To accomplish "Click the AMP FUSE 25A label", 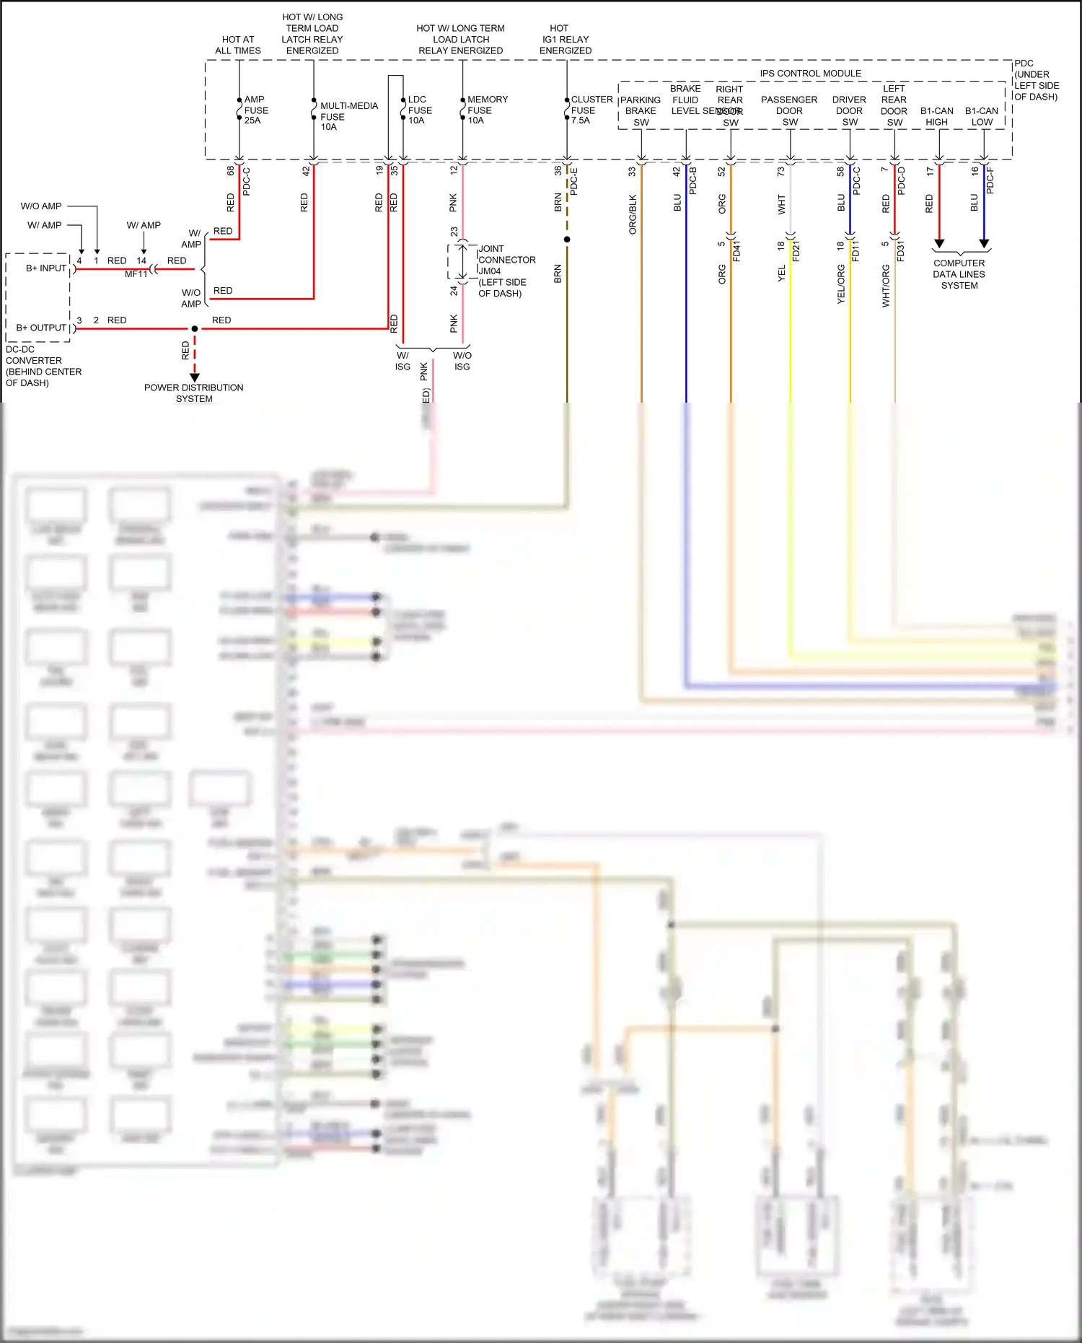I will pyautogui.click(x=255, y=110).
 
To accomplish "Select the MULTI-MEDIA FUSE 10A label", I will pyautogui.click(x=348, y=116).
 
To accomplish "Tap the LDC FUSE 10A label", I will pyautogui.click(x=420, y=110).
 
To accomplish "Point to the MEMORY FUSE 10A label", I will pyautogui.click(x=487, y=110).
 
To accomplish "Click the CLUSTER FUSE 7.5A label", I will pyautogui.click(x=591, y=110).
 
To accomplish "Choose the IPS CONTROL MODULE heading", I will pyautogui.click(x=810, y=74).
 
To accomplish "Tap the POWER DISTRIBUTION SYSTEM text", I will pyautogui.click(x=193, y=393).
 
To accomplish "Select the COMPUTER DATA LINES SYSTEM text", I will pyautogui.click(x=959, y=274).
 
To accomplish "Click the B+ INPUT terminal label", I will pyautogui.click(x=46, y=268).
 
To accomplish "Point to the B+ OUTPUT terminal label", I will pyautogui.click(x=41, y=328).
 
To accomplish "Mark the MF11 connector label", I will pyautogui.click(x=136, y=274).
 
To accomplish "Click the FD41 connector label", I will pyautogui.click(x=736, y=251).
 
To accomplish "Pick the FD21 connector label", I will pyautogui.click(x=796, y=251).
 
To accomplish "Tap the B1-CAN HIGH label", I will pyautogui.click(x=936, y=116).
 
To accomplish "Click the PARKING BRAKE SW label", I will pyautogui.click(x=641, y=111).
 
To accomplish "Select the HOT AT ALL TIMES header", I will pyautogui.click(x=237, y=45).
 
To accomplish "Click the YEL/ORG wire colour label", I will pyautogui.click(x=841, y=284).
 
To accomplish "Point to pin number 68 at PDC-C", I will pyautogui.click(x=231, y=171).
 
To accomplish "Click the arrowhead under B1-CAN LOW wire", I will pyautogui.click(x=984, y=244).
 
